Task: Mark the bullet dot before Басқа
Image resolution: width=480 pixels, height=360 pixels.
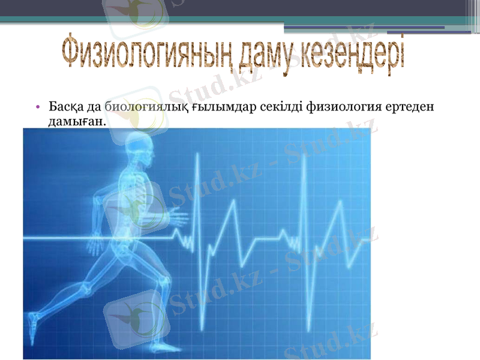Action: (x=37, y=107)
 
